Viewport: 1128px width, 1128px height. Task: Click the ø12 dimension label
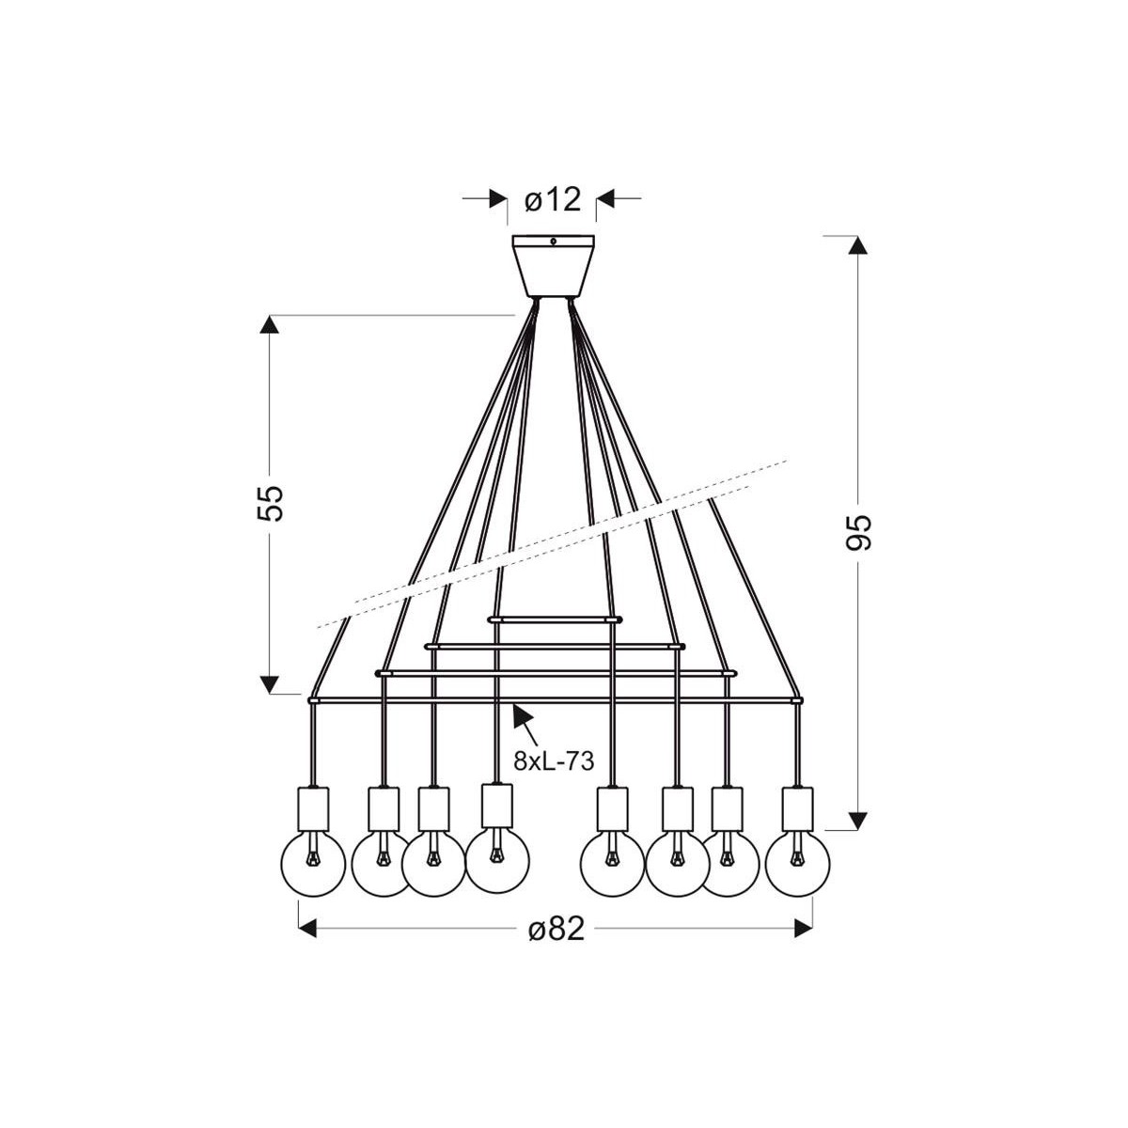point(554,199)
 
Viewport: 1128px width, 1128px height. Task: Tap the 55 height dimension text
point(271,503)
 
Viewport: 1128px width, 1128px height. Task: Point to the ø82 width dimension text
point(556,929)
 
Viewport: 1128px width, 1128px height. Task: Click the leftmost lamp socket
point(312,808)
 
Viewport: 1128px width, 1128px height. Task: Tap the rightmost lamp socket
point(797,808)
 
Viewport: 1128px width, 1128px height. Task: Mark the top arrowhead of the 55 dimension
point(271,325)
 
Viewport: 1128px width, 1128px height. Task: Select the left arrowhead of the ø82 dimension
point(309,929)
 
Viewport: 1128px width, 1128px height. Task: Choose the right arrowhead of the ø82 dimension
point(803,929)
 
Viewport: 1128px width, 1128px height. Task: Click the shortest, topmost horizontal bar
point(554,619)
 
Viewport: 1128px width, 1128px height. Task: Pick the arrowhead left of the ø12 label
point(497,199)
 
